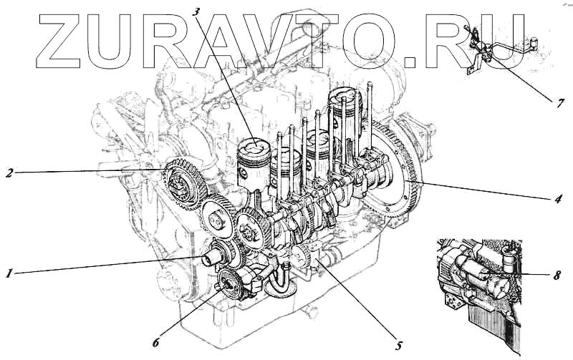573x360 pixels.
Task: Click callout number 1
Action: tap(9, 273)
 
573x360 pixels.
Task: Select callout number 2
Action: tap(9, 172)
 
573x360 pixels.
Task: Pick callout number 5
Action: tap(399, 345)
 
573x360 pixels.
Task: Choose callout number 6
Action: tap(155, 343)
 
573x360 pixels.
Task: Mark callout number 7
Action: tap(560, 103)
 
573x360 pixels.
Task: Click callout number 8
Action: tap(557, 275)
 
